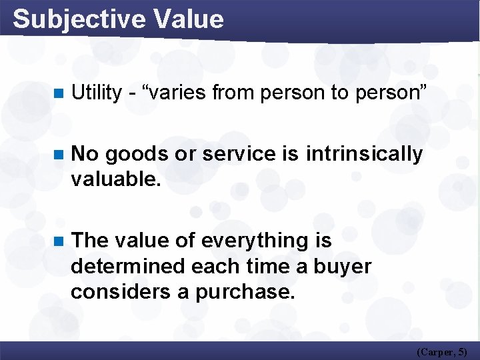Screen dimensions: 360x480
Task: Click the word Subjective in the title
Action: pyautogui.click(x=78, y=19)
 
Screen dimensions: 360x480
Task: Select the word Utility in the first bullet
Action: pyautogui.click(x=96, y=93)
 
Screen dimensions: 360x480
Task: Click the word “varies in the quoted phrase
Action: pyautogui.click(x=174, y=93)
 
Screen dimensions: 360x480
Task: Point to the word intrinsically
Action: pyautogui.click(x=364, y=154)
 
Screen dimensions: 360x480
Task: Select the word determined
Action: pyautogui.click(x=128, y=266)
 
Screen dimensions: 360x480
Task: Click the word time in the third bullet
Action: pyautogui.click(x=267, y=266)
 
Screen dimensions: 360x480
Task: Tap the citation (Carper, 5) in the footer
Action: pyautogui.click(x=442, y=351)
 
